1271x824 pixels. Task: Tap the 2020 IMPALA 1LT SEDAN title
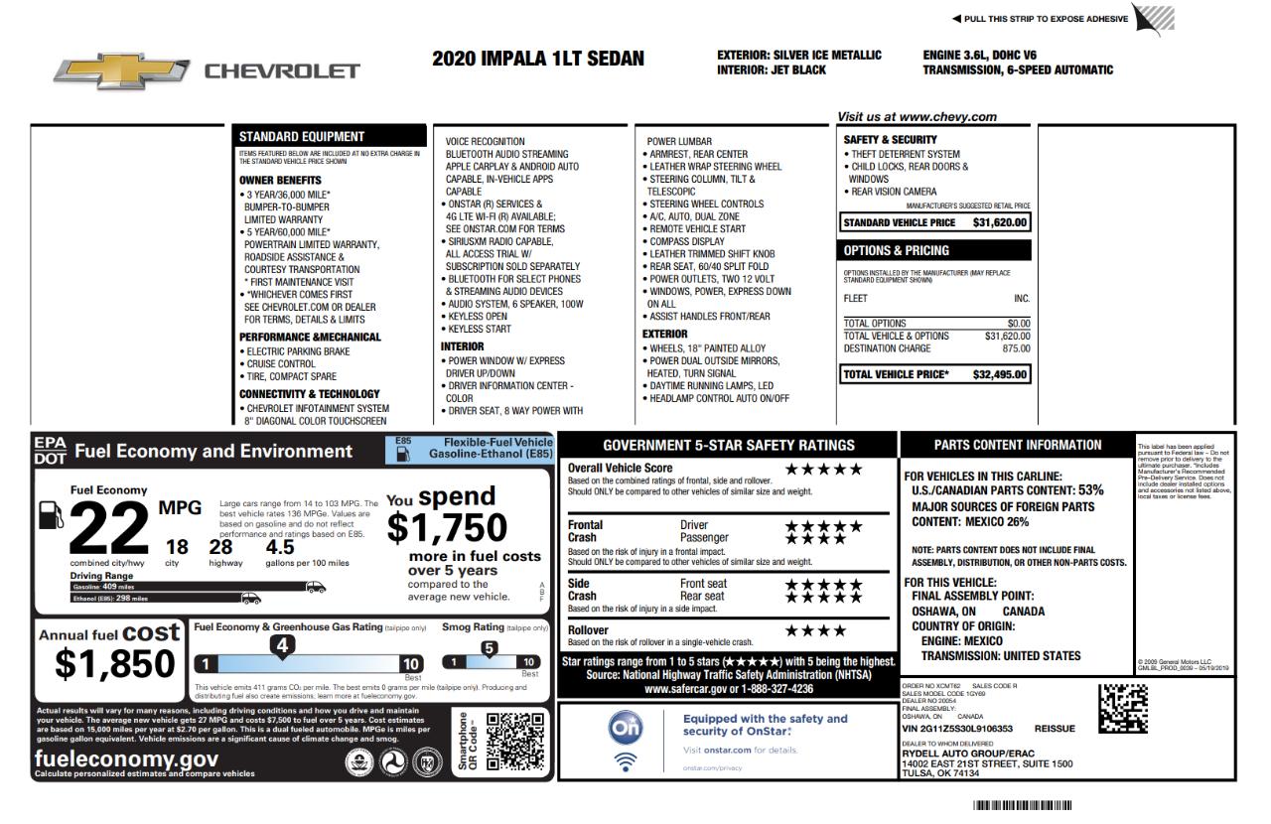pos(538,59)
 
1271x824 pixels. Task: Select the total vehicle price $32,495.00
pos(1000,374)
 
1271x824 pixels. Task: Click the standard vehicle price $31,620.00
pos(1000,222)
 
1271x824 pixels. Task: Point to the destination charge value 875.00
pos(1016,348)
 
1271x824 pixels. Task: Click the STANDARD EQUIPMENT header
pos(302,136)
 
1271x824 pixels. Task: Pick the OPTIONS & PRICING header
pos(897,250)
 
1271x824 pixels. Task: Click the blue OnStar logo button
pos(626,728)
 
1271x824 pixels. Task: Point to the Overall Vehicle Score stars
pos(824,469)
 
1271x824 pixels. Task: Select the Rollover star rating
pos(816,630)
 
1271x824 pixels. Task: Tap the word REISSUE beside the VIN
pos(1055,728)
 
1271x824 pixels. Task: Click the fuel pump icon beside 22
pos(49,516)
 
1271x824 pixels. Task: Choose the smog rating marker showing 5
pos(489,649)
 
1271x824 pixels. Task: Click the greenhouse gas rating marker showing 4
pos(282,646)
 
